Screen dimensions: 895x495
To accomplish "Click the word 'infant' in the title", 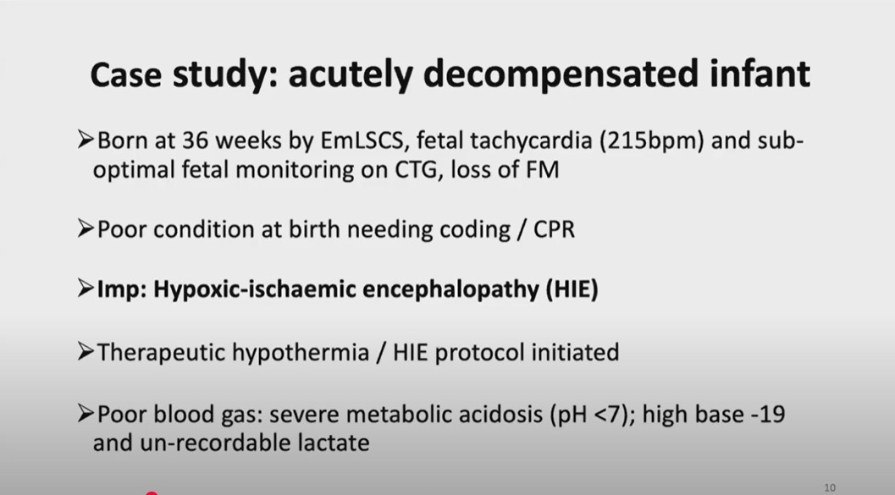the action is pos(760,74).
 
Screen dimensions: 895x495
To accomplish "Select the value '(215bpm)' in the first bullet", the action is pos(651,140).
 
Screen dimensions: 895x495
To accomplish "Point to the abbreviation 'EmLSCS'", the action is pos(364,140).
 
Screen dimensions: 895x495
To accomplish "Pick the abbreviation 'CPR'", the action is pos(554,229).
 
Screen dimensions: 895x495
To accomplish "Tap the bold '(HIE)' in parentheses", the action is pos(572,289).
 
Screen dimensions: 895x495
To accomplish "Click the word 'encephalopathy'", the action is pos(450,289).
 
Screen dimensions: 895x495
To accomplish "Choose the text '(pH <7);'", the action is pos(593,415).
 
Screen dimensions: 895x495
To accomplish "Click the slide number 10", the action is pos(830,487).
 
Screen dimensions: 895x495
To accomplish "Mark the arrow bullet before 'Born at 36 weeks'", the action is pos(86,140).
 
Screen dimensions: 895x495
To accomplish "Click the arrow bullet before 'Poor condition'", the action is pos(86,228).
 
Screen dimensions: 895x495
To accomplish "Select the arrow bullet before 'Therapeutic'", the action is pos(86,352).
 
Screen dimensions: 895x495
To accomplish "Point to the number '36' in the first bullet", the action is pos(196,140).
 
